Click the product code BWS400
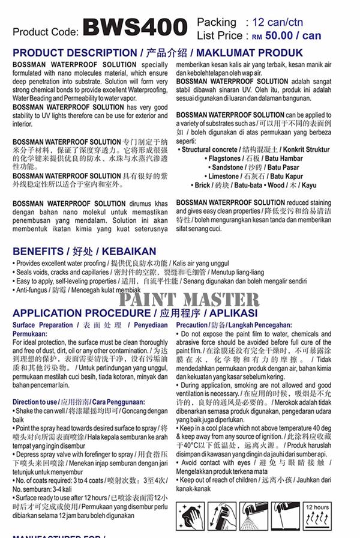coord(134,27)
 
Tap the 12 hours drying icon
coord(317,516)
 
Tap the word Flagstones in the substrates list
coord(224,159)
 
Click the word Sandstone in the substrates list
coord(227,168)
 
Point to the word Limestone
coord(223,177)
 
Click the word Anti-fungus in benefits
coord(30,289)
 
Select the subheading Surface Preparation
coord(43,325)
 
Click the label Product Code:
coord(45,31)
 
